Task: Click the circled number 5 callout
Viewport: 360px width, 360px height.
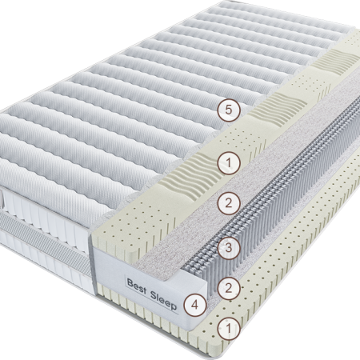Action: tap(229, 110)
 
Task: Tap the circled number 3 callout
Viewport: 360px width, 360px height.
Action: tap(229, 248)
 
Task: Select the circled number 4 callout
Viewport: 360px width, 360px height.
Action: tap(195, 305)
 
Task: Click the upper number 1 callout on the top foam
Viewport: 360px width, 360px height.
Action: tap(229, 162)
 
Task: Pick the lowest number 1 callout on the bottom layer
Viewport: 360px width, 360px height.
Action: tap(229, 328)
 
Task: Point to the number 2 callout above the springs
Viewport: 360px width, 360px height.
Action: tap(229, 203)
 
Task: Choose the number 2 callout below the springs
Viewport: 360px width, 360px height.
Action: tap(229, 288)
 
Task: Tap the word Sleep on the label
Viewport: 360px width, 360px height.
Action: tap(163, 299)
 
